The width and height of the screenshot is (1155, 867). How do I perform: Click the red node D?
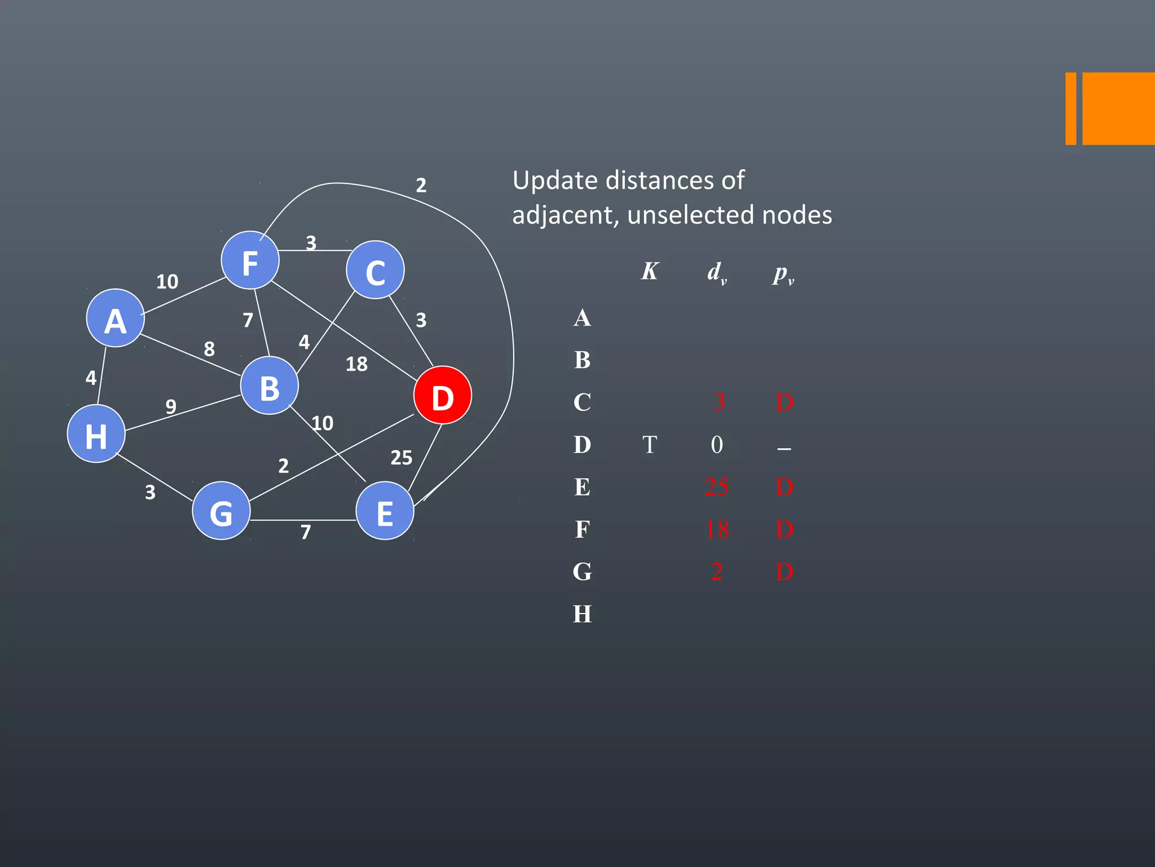pyautogui.click(x=442, y=395)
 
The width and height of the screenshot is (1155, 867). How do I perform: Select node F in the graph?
pyautogui.click(x=250, y=260)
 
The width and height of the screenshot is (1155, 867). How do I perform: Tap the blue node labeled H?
pyautogui.click(x=96, y=433)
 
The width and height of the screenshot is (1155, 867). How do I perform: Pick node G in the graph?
pyautogui.click(x=221, y=511)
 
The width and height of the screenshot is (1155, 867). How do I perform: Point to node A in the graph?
pyautogui.click(x=115, y=318)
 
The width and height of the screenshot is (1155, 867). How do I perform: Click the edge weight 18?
pyautogui.click(x=356, y=364)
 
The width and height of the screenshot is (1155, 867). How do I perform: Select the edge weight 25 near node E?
pyautogui.click(x=401, y=458)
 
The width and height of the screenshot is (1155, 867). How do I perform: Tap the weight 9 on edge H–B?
pyautogui.click(x=171, y=406)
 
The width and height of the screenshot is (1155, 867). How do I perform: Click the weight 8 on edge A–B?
pyautogui.click(x=209, y=349)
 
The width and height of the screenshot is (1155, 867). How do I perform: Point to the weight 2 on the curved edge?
pyautogui.click(x=421, y=185)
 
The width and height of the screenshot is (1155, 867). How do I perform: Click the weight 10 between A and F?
pyautogui.click(x=167, y=282)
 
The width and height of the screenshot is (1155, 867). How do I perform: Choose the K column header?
pyautogui.click(x=650, y=272)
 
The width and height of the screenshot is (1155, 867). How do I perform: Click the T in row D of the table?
pyautogui.click(x=650, y=445)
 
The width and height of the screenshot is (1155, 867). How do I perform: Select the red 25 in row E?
pyautogui.click(x=717, y=487)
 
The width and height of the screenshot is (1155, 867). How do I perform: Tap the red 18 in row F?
pyautogui.click(x=717, y=529)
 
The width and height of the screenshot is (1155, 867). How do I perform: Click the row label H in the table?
pyautogui.click(x=583, y=614)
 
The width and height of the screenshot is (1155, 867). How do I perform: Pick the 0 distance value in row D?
pyautogui.click(x=717, y=445)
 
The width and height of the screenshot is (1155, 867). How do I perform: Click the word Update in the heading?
pyautogui.click(x=555, y=181)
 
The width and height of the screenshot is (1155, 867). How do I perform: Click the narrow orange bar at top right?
pyautogui.click(x=1070, y=108)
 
